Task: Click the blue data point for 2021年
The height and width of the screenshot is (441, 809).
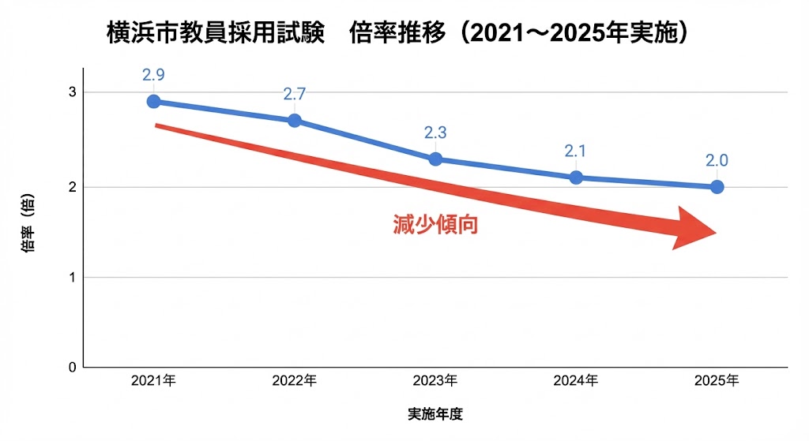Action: point(154,102)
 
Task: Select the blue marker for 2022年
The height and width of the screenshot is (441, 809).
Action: point(295,121)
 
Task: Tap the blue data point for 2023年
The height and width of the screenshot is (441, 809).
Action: point(435,159)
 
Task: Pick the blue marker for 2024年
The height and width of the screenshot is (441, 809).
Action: point(576,178)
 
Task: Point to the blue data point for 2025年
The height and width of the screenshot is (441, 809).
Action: point(717,187)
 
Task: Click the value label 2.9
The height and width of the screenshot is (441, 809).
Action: point(154,76)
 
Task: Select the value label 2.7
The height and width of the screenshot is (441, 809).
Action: point(295,95)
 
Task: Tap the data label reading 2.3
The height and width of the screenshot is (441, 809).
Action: point(435,133)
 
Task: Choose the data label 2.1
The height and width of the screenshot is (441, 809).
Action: point(576,151)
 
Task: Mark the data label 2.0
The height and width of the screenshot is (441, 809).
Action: point(717,161)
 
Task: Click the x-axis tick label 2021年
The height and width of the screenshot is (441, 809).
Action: point(154,381)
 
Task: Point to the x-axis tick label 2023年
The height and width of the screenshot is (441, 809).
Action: point(435,381)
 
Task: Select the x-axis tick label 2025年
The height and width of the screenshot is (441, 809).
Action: point(717,381)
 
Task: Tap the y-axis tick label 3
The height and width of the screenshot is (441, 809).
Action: point(72,92)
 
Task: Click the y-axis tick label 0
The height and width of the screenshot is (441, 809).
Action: point(72,367)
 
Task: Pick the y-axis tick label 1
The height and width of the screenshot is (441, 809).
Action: point(72,277)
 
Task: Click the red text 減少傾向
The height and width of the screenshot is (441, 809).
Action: point(435,225)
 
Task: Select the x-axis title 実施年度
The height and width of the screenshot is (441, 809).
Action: point(435,414)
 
